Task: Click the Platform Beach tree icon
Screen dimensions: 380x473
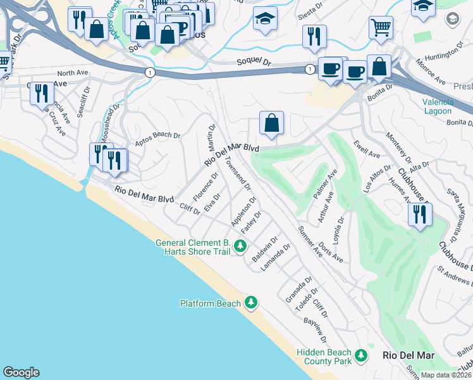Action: (252, 303)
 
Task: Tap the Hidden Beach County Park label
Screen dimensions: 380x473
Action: (324, 357)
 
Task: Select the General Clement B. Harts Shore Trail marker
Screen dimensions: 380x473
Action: (240, 246)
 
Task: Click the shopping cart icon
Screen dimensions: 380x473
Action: (381, 27)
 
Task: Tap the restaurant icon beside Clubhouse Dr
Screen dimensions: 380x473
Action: (420, 215)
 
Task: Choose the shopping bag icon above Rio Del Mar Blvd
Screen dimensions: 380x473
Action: (271, 123)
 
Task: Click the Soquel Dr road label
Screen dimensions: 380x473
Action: (254, 63)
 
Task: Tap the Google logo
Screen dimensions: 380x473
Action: (21, 372)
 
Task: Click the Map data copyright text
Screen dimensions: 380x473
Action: (446, 375)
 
